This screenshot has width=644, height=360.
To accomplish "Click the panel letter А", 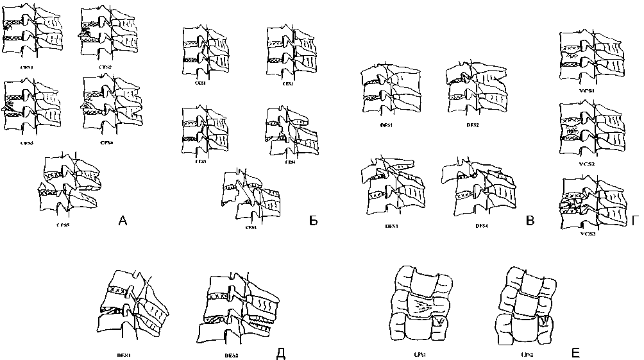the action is tap(124, 222).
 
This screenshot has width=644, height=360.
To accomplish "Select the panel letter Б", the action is tap(314, 221).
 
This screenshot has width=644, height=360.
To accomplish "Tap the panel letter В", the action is tap(529, 222).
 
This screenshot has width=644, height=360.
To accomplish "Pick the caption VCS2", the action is tap(585, 147).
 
